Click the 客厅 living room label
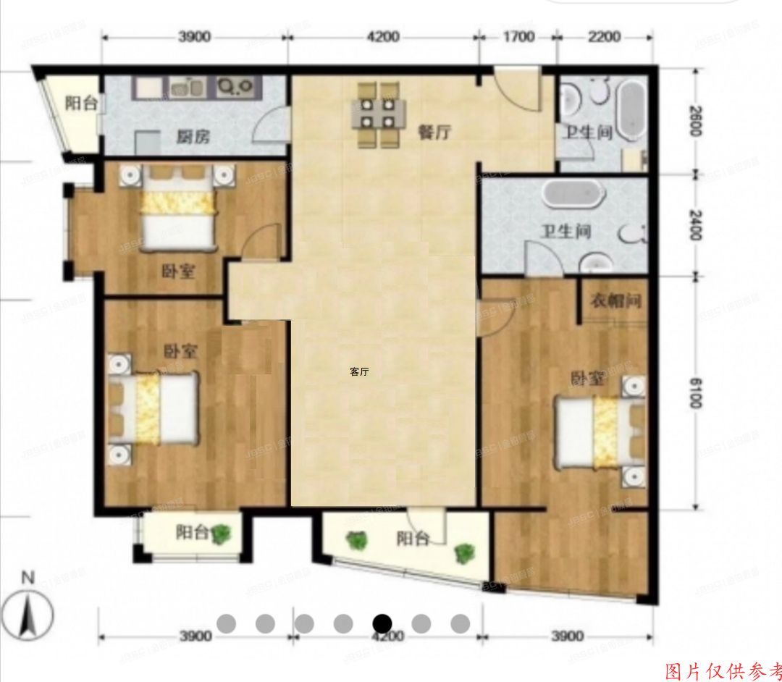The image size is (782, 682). (359, 371)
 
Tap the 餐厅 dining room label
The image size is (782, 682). (434, 132)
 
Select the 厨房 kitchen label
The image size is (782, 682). (192, 135)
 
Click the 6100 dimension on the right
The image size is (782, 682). (695, 391)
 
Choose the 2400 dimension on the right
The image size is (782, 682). (695, 224)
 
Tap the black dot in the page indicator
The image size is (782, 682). (382, 623)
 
